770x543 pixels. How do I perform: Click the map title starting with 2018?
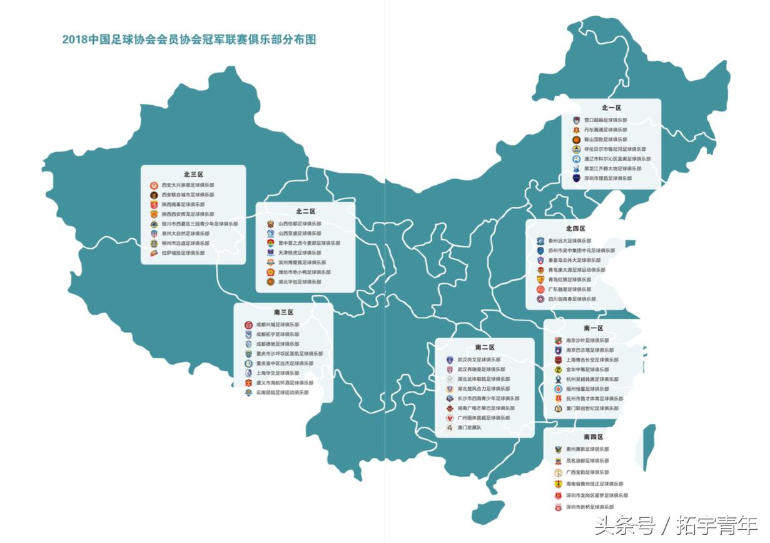(x=189, y=39)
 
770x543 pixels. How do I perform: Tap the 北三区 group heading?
(x=193, y=175)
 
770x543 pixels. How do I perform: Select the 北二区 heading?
(x=305, y=212)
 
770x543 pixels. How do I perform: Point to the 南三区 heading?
(x=283, y=312)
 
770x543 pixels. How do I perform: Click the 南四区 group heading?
(x=593, y=437)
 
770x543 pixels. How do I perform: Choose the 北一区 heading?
(x=611, y=108)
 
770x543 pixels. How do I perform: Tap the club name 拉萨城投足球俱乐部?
(x=183, y=253)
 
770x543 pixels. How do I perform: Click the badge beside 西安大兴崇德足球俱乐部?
(x=153, y=185)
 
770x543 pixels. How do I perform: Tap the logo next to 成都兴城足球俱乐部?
(x=248, y=325)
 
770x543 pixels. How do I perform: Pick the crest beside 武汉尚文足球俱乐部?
(x=449, y=360)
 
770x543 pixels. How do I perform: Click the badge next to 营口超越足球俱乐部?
(x=576, y=120)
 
